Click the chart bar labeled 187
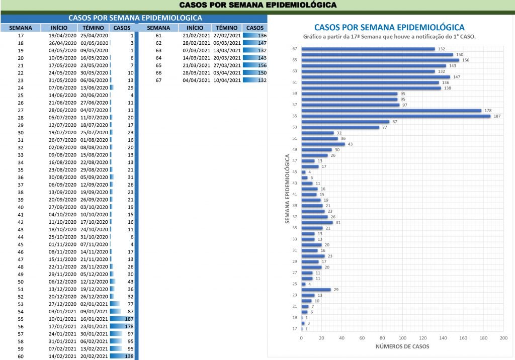click(396, 116)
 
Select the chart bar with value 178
click(391, 111)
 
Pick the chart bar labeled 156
click(380, 60)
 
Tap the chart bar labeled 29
click(316, 290)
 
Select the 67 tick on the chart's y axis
click(295, 49)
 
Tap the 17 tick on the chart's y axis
click(295, 329)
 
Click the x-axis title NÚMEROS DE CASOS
click(402, 347)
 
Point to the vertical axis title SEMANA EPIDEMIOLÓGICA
click(287, 189)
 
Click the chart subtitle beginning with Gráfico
click(389, 37)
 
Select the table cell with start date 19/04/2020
click(62, 36)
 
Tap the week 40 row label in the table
click(21, 207)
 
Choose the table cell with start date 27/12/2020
click(62, 304)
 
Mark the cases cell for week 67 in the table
click(255, 80)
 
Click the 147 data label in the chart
click(457, 77)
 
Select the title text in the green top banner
click(257, 6)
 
